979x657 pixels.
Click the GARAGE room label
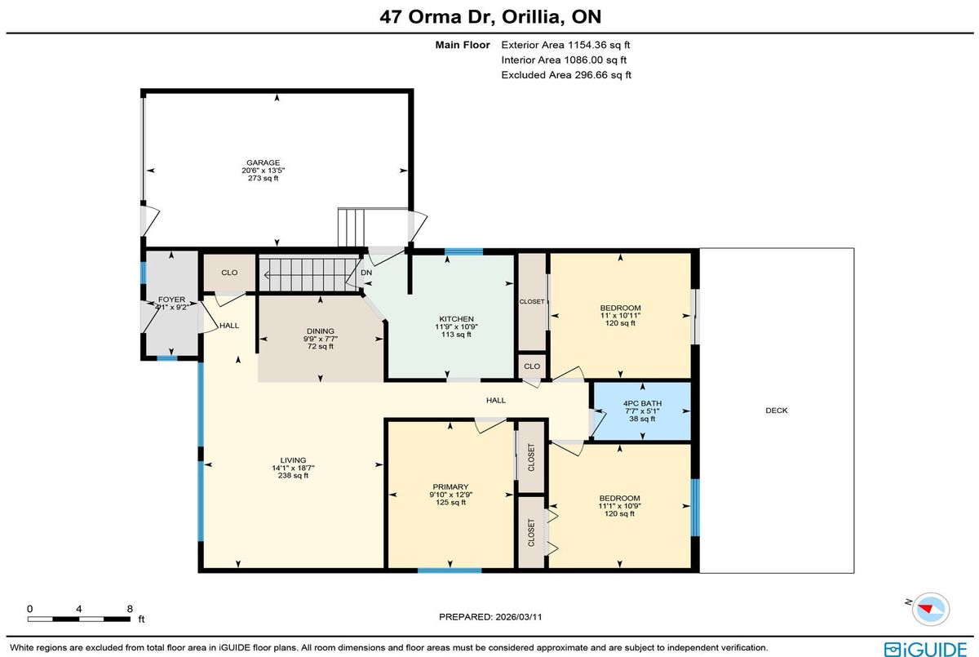point(263,162)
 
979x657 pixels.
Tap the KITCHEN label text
point(456,319)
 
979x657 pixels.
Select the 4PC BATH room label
point(642,403)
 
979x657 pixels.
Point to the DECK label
point(776,411)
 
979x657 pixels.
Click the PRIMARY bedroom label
point(450,487)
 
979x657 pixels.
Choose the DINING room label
point(321,331)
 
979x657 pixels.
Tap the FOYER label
point(171,300)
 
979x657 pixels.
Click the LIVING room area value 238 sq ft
point(293,476)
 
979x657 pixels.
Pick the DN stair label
point(366,273)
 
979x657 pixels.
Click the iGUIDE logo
point(925,648)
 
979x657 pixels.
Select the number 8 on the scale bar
point(130,609)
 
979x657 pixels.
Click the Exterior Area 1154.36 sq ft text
point(565,45)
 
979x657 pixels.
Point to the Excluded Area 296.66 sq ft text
point(566,75)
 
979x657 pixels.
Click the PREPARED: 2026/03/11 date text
point(490,617)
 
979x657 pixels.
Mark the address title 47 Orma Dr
point(437,16)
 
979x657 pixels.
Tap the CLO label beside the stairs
point(229,273)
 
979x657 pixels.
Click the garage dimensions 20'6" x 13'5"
point(263,171)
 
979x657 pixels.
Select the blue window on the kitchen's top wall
point(463,251)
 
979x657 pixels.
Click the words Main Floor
point(463,45)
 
